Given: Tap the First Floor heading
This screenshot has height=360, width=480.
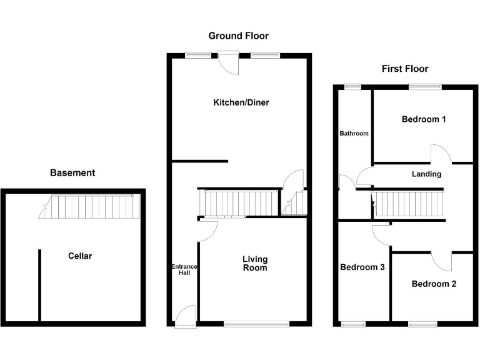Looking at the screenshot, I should coord(405,69).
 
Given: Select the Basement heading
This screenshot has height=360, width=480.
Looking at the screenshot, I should coord(72,173).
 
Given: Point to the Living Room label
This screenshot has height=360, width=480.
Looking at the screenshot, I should coord(255,263).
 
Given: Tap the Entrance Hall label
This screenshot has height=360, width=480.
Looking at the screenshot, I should coord(184,270).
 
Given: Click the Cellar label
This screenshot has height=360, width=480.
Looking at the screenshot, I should coord(80,256).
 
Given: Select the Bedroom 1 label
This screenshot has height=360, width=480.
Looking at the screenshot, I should coord(423,119).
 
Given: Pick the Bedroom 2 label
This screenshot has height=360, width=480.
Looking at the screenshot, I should coord(434,284).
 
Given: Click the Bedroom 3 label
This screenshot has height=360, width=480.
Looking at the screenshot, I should coord(362,267).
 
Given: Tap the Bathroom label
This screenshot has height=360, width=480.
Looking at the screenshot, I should coord(354,133).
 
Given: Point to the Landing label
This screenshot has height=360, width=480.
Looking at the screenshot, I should coord(426,174).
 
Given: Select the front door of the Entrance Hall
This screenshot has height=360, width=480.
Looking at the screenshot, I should coord(186,316).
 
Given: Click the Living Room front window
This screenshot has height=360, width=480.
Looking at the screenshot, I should coord(257,324).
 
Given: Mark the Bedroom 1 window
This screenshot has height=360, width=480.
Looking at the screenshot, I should coord(425,87).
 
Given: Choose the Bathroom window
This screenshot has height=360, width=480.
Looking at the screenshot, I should coord(353,87).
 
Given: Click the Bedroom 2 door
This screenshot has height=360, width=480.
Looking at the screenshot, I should coord(441,261).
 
